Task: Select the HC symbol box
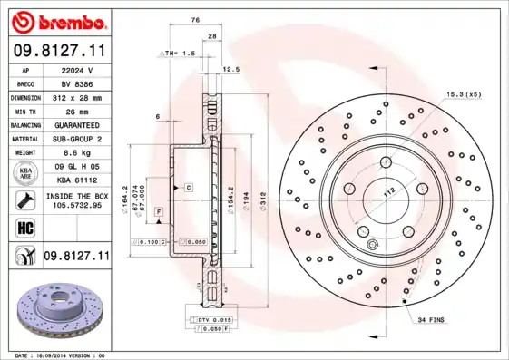coord(24,227)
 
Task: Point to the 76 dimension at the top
coord(196,20)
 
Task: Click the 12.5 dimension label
coord(230,69)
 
